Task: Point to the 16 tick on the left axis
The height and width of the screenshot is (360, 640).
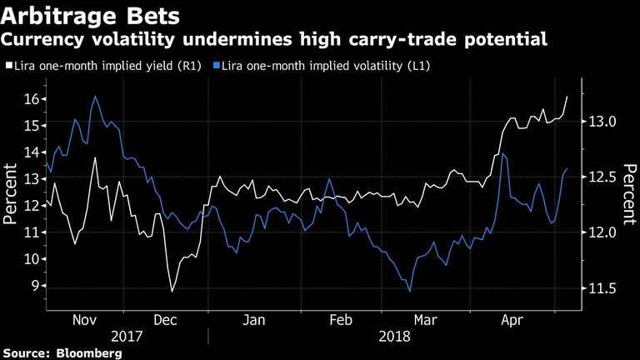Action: [30, 99]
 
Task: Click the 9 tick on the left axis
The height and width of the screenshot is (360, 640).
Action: [34, 286]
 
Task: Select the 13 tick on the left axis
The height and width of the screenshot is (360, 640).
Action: [30, 179]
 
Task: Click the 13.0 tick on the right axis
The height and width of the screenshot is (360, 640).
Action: [602, 122]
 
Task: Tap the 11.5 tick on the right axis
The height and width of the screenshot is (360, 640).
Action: [602, 288]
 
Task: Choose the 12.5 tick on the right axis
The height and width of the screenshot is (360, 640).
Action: [602, 177]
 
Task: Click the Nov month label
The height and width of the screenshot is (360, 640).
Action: [86, 319]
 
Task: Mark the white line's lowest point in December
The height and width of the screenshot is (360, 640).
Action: [172, 291]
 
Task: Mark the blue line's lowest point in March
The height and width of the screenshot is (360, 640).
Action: [409, 291]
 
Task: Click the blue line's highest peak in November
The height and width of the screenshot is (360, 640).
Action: [94, 97]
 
